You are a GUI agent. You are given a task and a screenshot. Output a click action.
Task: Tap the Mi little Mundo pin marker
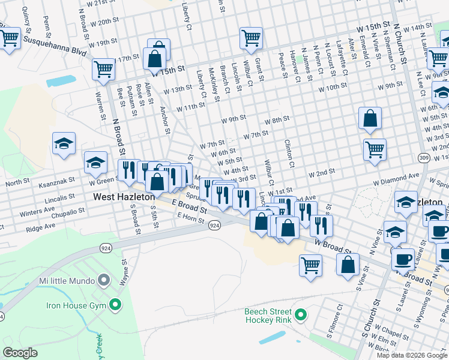[x=104, y=280]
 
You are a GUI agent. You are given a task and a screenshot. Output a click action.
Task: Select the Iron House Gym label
[x=76, y=305]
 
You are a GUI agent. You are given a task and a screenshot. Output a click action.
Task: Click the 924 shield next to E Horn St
[x=214, y=226]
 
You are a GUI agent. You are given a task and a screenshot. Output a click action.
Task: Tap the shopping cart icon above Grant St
[x=251, y=39]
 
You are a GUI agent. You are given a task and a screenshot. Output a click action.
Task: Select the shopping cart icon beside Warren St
[x=103, y=70]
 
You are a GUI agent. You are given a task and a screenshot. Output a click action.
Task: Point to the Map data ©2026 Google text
[x=412, y=355]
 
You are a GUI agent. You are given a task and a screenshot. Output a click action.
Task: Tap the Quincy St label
[x=26, y=22]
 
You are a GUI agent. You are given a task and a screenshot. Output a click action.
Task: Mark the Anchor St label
[x=164, y=119]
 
